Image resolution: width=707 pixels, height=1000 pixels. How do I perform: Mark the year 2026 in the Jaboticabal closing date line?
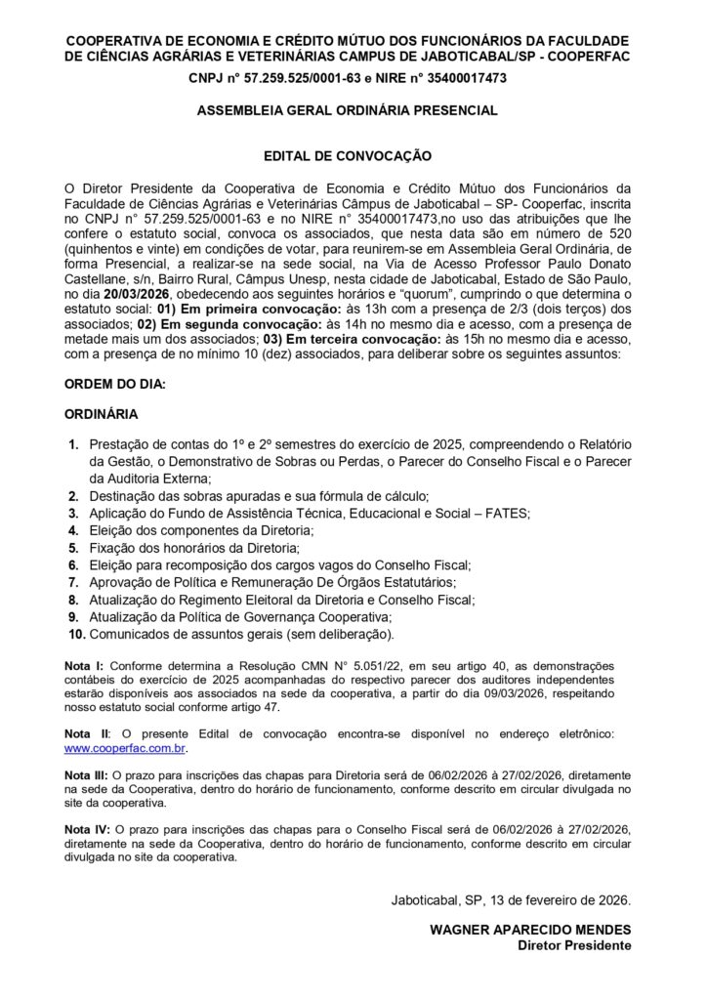613,898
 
